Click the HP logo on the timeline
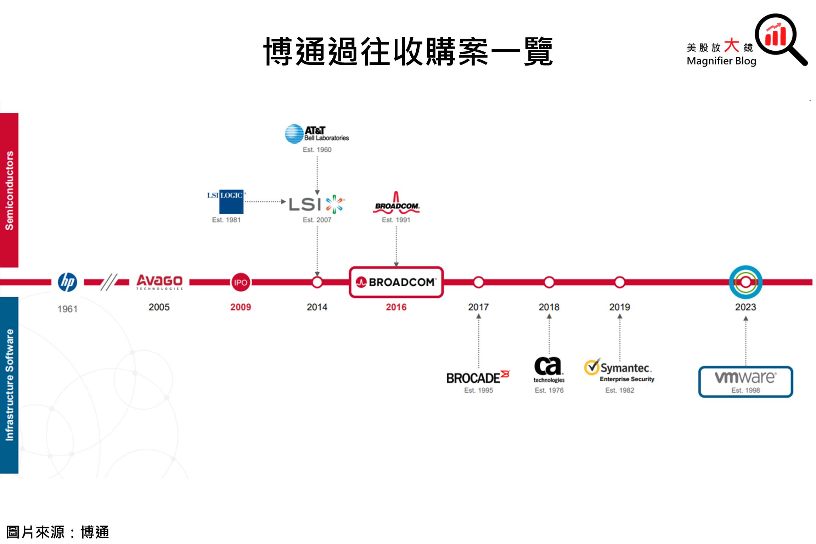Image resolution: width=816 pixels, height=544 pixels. [x=67, y=282]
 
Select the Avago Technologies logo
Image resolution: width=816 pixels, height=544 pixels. [x=159, y=282]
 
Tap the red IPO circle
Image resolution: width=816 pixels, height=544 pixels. [x=241, y=282]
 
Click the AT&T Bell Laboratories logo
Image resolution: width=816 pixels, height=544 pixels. [x=317, y=134]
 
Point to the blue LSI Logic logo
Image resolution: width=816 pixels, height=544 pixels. [x=226, y=201]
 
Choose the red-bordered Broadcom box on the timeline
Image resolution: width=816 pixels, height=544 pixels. [x=396, y=282]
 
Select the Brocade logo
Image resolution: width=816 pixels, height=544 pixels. [x=478, y=377]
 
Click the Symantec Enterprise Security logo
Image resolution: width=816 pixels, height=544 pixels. [x=619, y=370]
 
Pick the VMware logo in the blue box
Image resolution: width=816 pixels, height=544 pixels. [x=745, y=378]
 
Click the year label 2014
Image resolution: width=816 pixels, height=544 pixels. [x=317, y=307]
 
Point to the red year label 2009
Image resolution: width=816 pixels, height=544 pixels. [x=241, y=307]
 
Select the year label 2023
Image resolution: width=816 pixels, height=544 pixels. [x=745, y=307]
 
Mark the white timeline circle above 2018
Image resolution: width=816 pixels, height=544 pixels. [x=549, y=282]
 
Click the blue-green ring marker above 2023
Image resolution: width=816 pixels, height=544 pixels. [x=745, y=282]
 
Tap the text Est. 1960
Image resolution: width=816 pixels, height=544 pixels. [x=317, y=150]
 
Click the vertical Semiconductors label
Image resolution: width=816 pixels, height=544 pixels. [x=9, y=190]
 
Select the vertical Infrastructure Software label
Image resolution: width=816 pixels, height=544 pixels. [x=9, y=385]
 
